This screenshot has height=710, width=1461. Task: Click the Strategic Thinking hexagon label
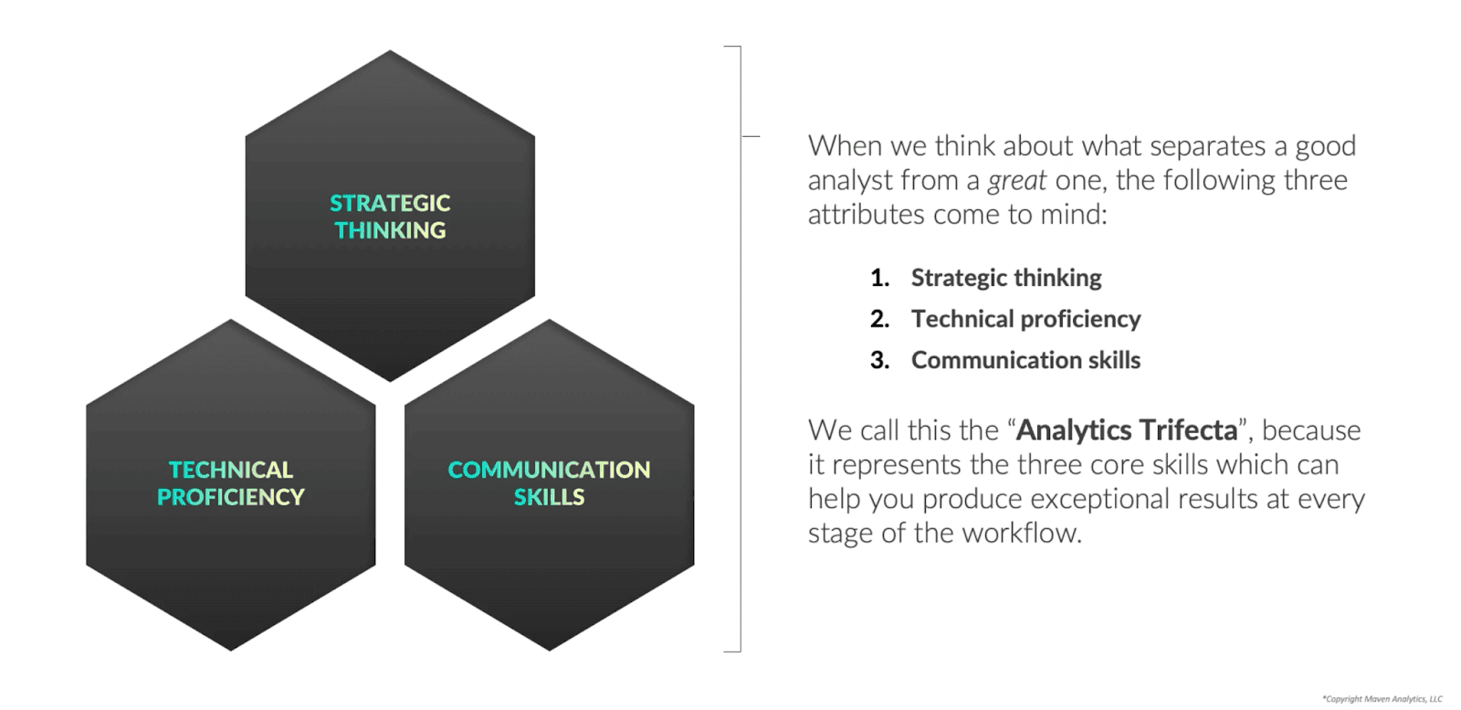pos(390,217)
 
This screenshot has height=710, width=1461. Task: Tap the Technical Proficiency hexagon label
pos(231,483)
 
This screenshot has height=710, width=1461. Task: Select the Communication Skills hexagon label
pos(549,483)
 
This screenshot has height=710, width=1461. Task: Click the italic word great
pos(1016,181)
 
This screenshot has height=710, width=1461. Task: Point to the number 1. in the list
pos(879,278)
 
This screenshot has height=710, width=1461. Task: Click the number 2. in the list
pos(879,319)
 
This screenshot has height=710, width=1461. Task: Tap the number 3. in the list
pos(879,360)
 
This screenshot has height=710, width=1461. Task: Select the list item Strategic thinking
pos(1006,278)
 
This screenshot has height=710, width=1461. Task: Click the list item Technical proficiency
pos(1025,319)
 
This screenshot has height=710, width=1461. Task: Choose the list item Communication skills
pos(1025,360)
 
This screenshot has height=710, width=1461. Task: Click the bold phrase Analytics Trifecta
pos(1127,430)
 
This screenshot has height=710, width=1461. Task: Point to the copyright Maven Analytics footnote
pos(1382,699)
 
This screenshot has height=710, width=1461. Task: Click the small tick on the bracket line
pos(751,136)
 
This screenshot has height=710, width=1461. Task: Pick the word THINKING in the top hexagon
pos(390,230)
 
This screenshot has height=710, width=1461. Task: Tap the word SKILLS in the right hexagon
pos(549,497)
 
